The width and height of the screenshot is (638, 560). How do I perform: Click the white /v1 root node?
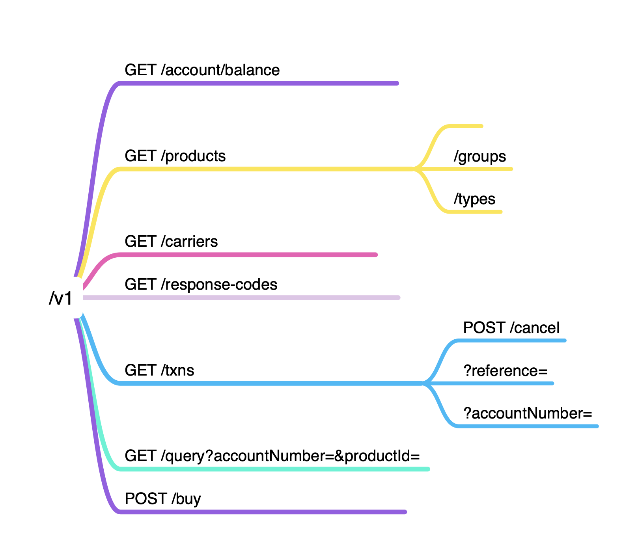(62, 298)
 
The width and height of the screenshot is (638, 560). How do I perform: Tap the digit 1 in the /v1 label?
(68, 298)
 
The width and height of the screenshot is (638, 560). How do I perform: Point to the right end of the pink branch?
(376, 255)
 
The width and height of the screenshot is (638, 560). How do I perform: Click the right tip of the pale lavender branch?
(399, 298)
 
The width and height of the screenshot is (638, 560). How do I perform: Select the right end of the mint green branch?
(428, 469)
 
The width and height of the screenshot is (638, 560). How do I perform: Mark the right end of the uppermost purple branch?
(397, 83)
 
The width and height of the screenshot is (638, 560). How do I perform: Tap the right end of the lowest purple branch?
(405, 512)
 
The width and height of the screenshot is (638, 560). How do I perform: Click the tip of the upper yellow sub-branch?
(481, 126)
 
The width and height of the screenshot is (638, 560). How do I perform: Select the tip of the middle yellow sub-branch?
(511, 169)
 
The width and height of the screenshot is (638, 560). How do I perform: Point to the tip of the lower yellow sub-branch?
(501, 212)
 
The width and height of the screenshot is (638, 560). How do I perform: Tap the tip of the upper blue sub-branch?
(565, 340)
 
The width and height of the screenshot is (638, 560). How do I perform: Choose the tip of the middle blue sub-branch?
(552, 383)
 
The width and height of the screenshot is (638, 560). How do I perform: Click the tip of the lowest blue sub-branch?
(597, 426)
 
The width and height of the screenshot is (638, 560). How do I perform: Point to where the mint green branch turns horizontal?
(115, 467)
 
